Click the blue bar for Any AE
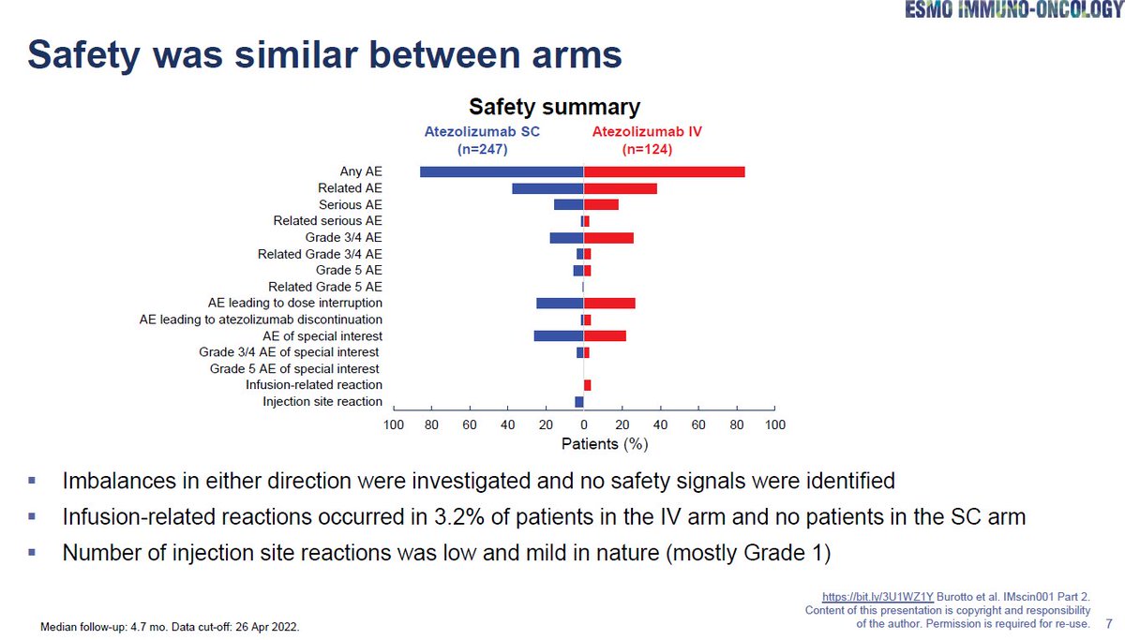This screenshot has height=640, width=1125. coord(502,171)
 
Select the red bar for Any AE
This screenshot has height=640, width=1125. coord(664,171)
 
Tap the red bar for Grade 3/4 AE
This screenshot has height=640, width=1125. coord(608,238)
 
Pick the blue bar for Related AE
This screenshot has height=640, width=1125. coord(547,188)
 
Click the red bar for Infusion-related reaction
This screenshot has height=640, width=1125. coord(588,385)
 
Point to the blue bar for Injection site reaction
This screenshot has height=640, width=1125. coord(579,402)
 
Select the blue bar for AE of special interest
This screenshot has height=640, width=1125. coord(559,335)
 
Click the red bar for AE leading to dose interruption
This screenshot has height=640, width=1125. coord(609,304)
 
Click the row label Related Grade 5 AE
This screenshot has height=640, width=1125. coord(325,287)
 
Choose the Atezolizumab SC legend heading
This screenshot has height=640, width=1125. coord(482,132)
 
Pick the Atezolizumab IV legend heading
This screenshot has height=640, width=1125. coord(647,132)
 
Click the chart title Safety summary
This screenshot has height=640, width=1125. coord(555,107)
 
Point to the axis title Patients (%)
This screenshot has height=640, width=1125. coord(605,442)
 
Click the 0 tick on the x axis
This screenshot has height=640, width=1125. coord(583,424)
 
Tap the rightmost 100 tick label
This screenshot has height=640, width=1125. coord(774,424)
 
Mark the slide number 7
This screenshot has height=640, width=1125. coord(1109,623)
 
